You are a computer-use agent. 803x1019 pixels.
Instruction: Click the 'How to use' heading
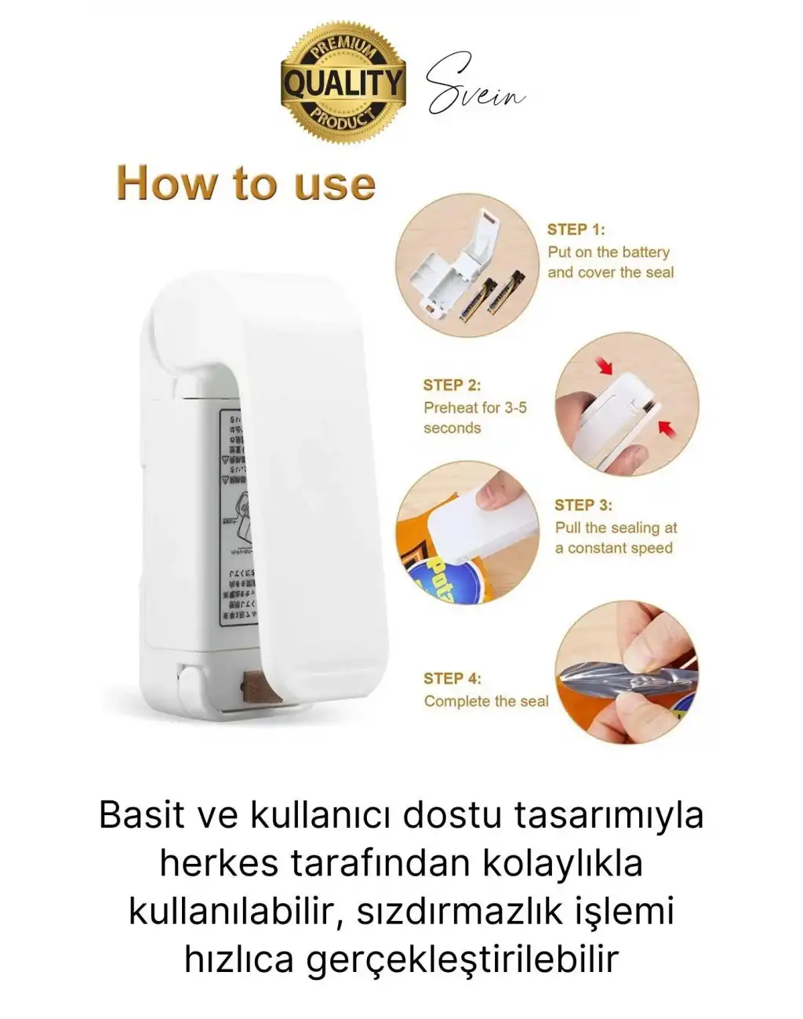(x=246, y=183)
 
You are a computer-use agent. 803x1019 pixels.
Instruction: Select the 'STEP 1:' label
(x=576, y=230)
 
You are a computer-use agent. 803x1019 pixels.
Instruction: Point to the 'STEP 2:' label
(x=452, y=385)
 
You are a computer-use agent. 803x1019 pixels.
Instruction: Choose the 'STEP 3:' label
(x=583, y=505)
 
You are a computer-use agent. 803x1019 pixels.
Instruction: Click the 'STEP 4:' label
(x=452, y=678)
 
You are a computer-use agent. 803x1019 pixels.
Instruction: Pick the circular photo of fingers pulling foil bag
(x=627, y=673)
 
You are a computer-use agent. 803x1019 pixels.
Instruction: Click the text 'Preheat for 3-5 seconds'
(x=475, y=418)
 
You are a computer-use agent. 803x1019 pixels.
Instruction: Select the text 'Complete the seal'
(x=486, y=701)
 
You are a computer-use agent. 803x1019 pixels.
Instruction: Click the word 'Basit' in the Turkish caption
(x=140, y=815)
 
